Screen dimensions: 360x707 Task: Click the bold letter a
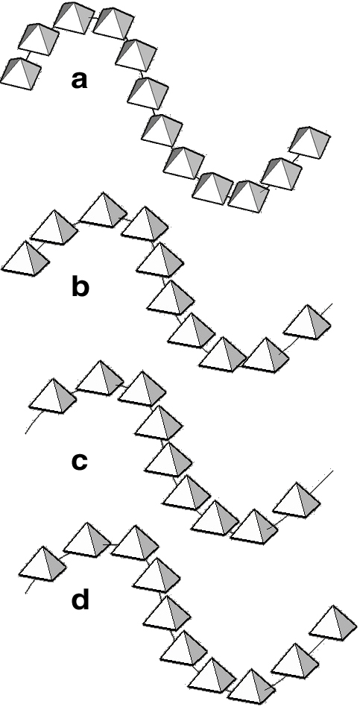[x=79, y=80]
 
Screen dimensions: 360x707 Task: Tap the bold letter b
[x=80, y=286]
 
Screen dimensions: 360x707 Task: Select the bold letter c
[x=79, y=461]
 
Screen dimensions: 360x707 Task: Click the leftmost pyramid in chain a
[x=20, y=74]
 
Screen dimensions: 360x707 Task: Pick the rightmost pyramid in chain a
[x=309, y=142]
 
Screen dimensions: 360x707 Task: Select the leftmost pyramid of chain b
[x=25, y=259]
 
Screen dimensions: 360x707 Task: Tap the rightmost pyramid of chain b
[x=307, y=323]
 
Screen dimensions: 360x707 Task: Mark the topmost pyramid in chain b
[x=104, y=210]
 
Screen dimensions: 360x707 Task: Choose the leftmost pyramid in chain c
[x=53, y=396]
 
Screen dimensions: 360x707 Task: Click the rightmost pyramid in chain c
[x=297, y=500]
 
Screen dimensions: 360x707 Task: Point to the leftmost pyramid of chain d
[x=43, y=565]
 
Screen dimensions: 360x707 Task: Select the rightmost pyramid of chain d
[x=333, y=623]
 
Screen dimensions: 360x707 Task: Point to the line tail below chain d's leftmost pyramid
[x=31, y=587]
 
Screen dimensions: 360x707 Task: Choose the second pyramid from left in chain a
[x=39, y=40]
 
